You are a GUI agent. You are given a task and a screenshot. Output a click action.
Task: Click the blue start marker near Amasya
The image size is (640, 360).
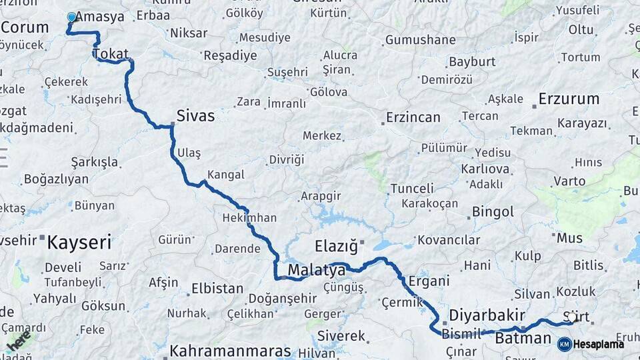[x=72, y=17]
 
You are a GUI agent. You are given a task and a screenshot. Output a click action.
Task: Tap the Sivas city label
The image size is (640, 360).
[x=195, y=116]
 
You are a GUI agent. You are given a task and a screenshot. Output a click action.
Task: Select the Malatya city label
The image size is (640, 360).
[x=317, y=271]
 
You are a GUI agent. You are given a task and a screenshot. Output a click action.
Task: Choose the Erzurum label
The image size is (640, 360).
[x=569, y=99]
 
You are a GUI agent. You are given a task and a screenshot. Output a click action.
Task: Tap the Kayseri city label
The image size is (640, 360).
[x=79, y=242]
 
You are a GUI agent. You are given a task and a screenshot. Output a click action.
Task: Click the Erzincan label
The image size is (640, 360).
[x=413, y=117]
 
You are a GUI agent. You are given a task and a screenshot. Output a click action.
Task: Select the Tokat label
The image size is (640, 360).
[x=111, y=54]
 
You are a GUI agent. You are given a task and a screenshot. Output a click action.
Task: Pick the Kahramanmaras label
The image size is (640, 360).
[x=230, y=351]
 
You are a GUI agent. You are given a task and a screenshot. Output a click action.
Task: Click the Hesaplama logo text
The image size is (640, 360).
[x=599, y=344]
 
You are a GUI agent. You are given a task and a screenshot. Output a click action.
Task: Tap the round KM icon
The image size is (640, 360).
[x=564, y=344]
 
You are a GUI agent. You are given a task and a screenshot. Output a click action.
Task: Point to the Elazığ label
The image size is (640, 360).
[x=336, y=246]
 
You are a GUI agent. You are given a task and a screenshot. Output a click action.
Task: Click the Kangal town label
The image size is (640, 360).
[x=226, y=175]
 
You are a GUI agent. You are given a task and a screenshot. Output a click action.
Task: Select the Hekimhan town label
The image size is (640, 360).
[x=249, y=218]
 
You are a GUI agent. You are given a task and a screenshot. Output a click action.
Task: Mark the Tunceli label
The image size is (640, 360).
[x=412, y=189]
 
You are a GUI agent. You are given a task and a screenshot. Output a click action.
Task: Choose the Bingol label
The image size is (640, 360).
[x=493, y=212]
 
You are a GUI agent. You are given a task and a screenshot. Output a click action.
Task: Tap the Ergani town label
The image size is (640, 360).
[x=429, y=281]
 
